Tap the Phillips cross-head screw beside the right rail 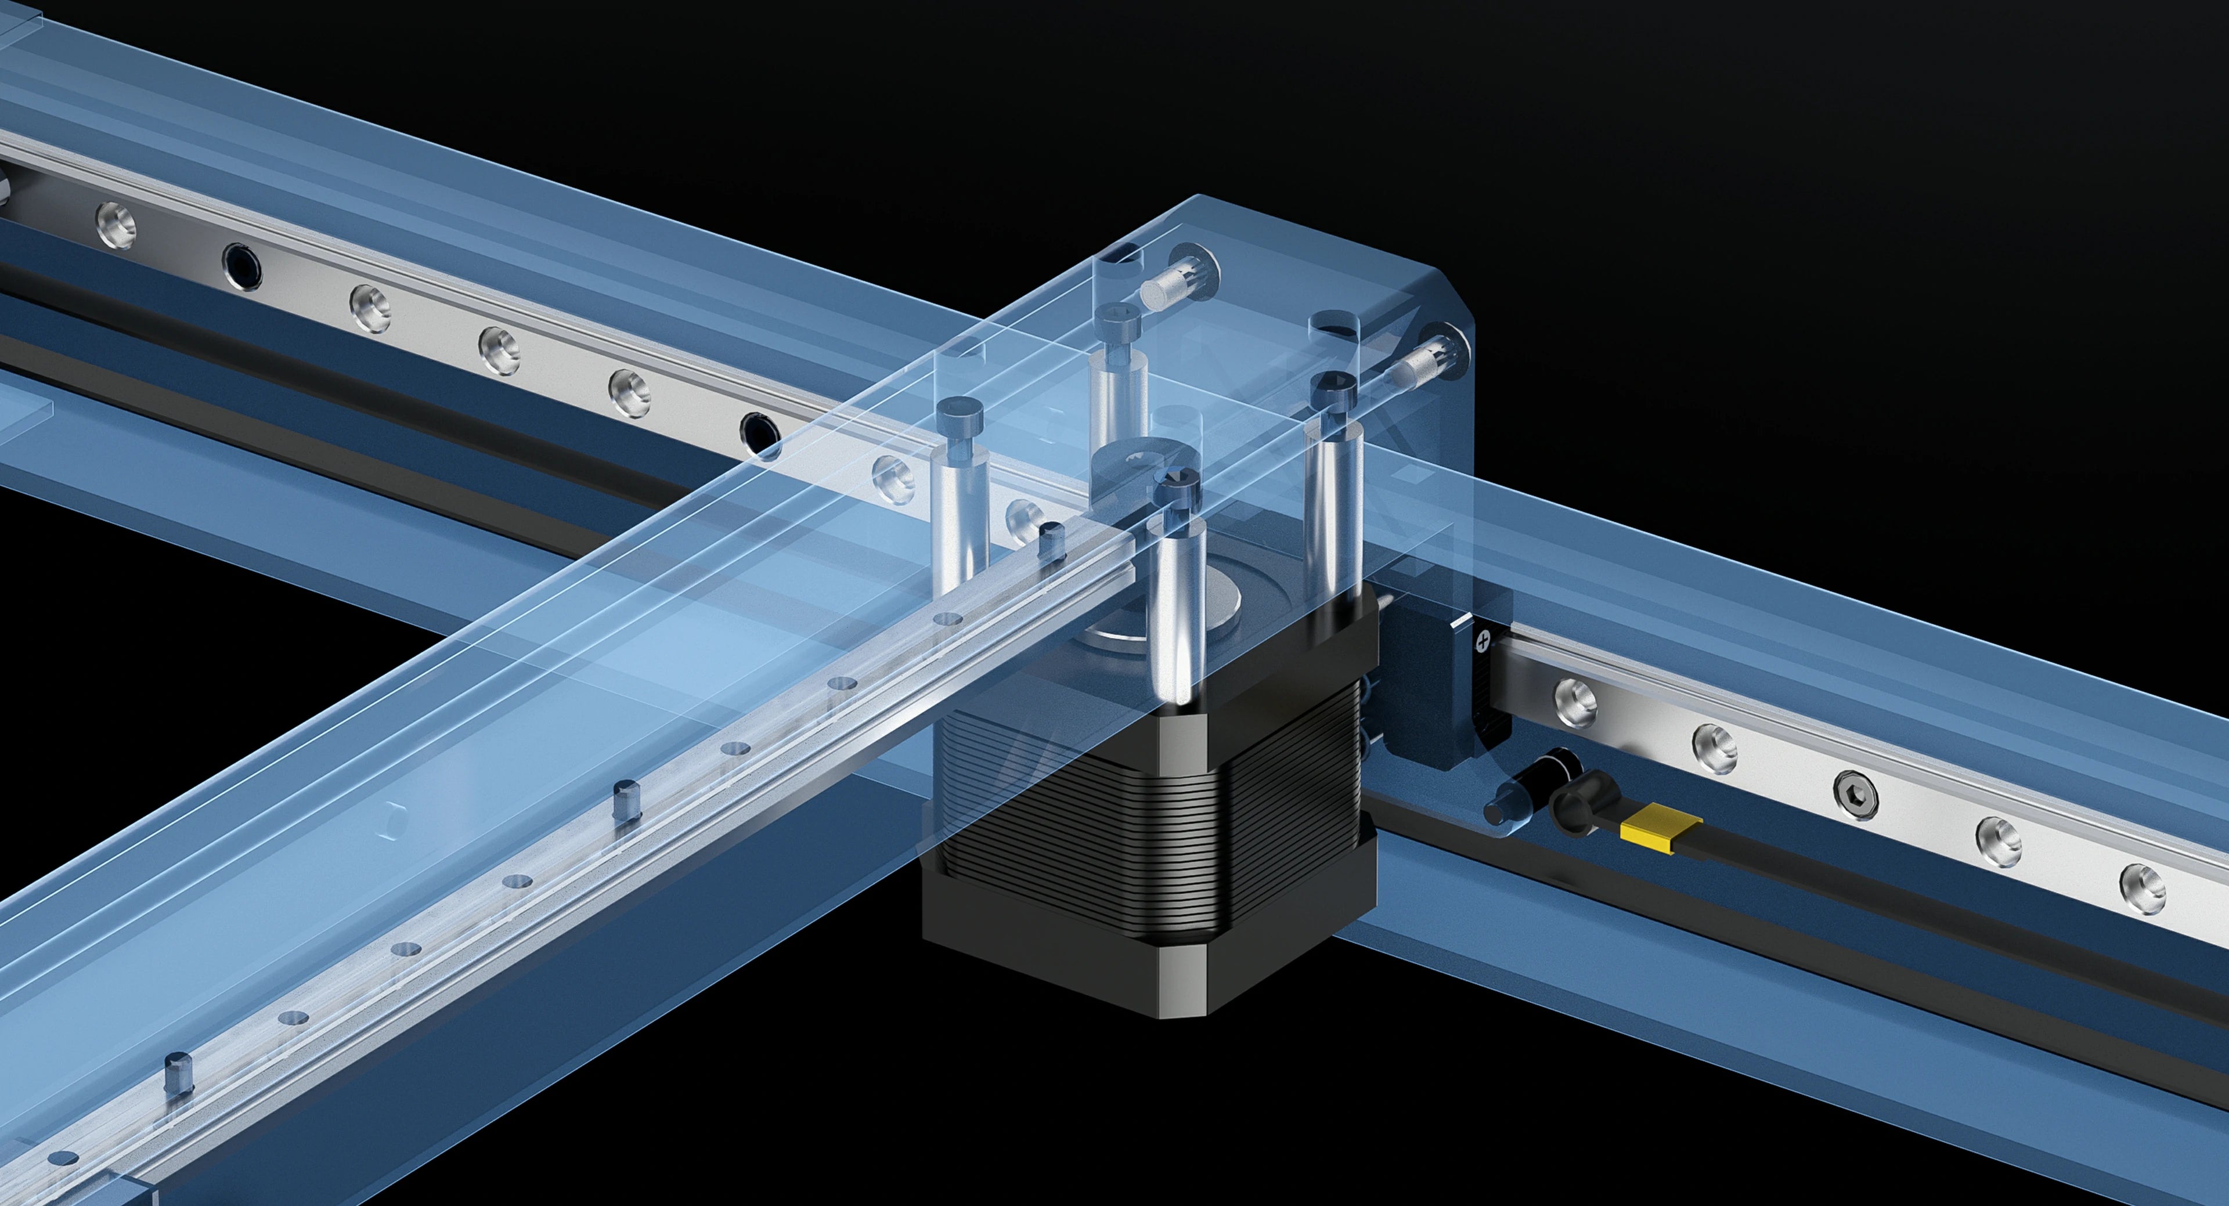[x=1485, y=642]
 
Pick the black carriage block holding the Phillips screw [x=1437, y=684]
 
